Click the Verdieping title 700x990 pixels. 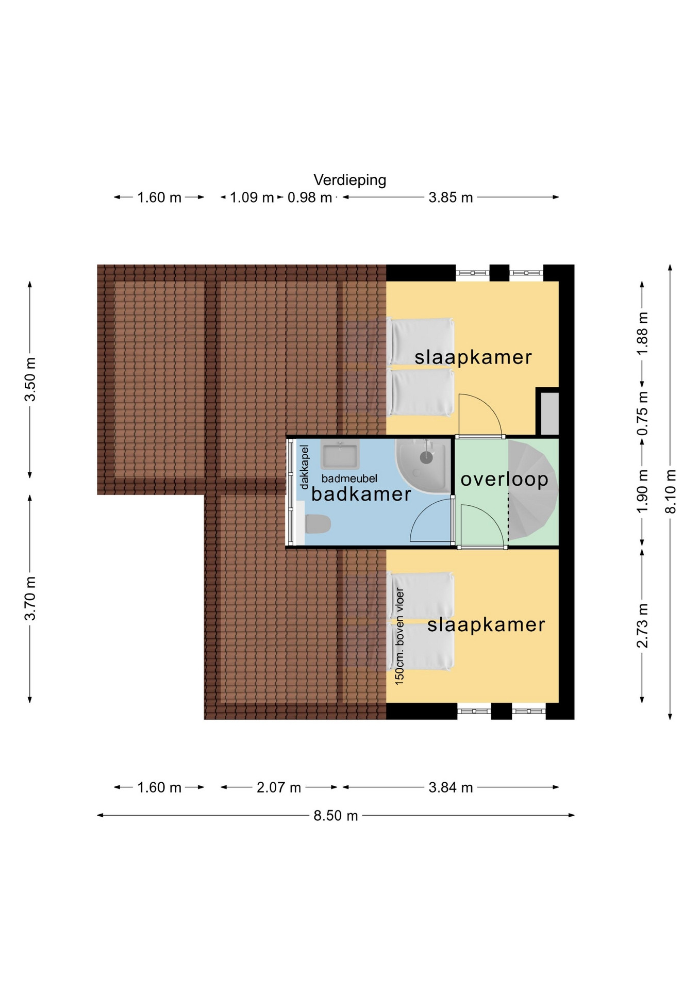pos(350,180)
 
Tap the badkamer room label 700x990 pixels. pos(361,494)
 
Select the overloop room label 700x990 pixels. pos(504,480)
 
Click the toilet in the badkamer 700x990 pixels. pos(318,524)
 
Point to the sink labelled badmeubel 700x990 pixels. pos(340,455)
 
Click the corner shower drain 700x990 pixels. pos(426,456)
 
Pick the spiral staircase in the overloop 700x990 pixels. pos(532,490)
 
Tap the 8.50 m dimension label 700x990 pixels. pos(336,816)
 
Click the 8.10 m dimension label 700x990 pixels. pos(670,491)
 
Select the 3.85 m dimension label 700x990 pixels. pos(451,197)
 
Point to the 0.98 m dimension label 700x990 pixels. pos(309,197)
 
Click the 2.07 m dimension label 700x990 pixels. pos(279,787)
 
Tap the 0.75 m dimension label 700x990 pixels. pos(642,413)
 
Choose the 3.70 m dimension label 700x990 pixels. pos(30,599)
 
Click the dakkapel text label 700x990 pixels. pos(304,467)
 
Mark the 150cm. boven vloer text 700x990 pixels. pos(399,636)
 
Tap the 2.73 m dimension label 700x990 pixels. pos(642,625)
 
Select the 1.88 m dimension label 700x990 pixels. pos(642,334)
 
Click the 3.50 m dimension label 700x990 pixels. pos(30,379)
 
